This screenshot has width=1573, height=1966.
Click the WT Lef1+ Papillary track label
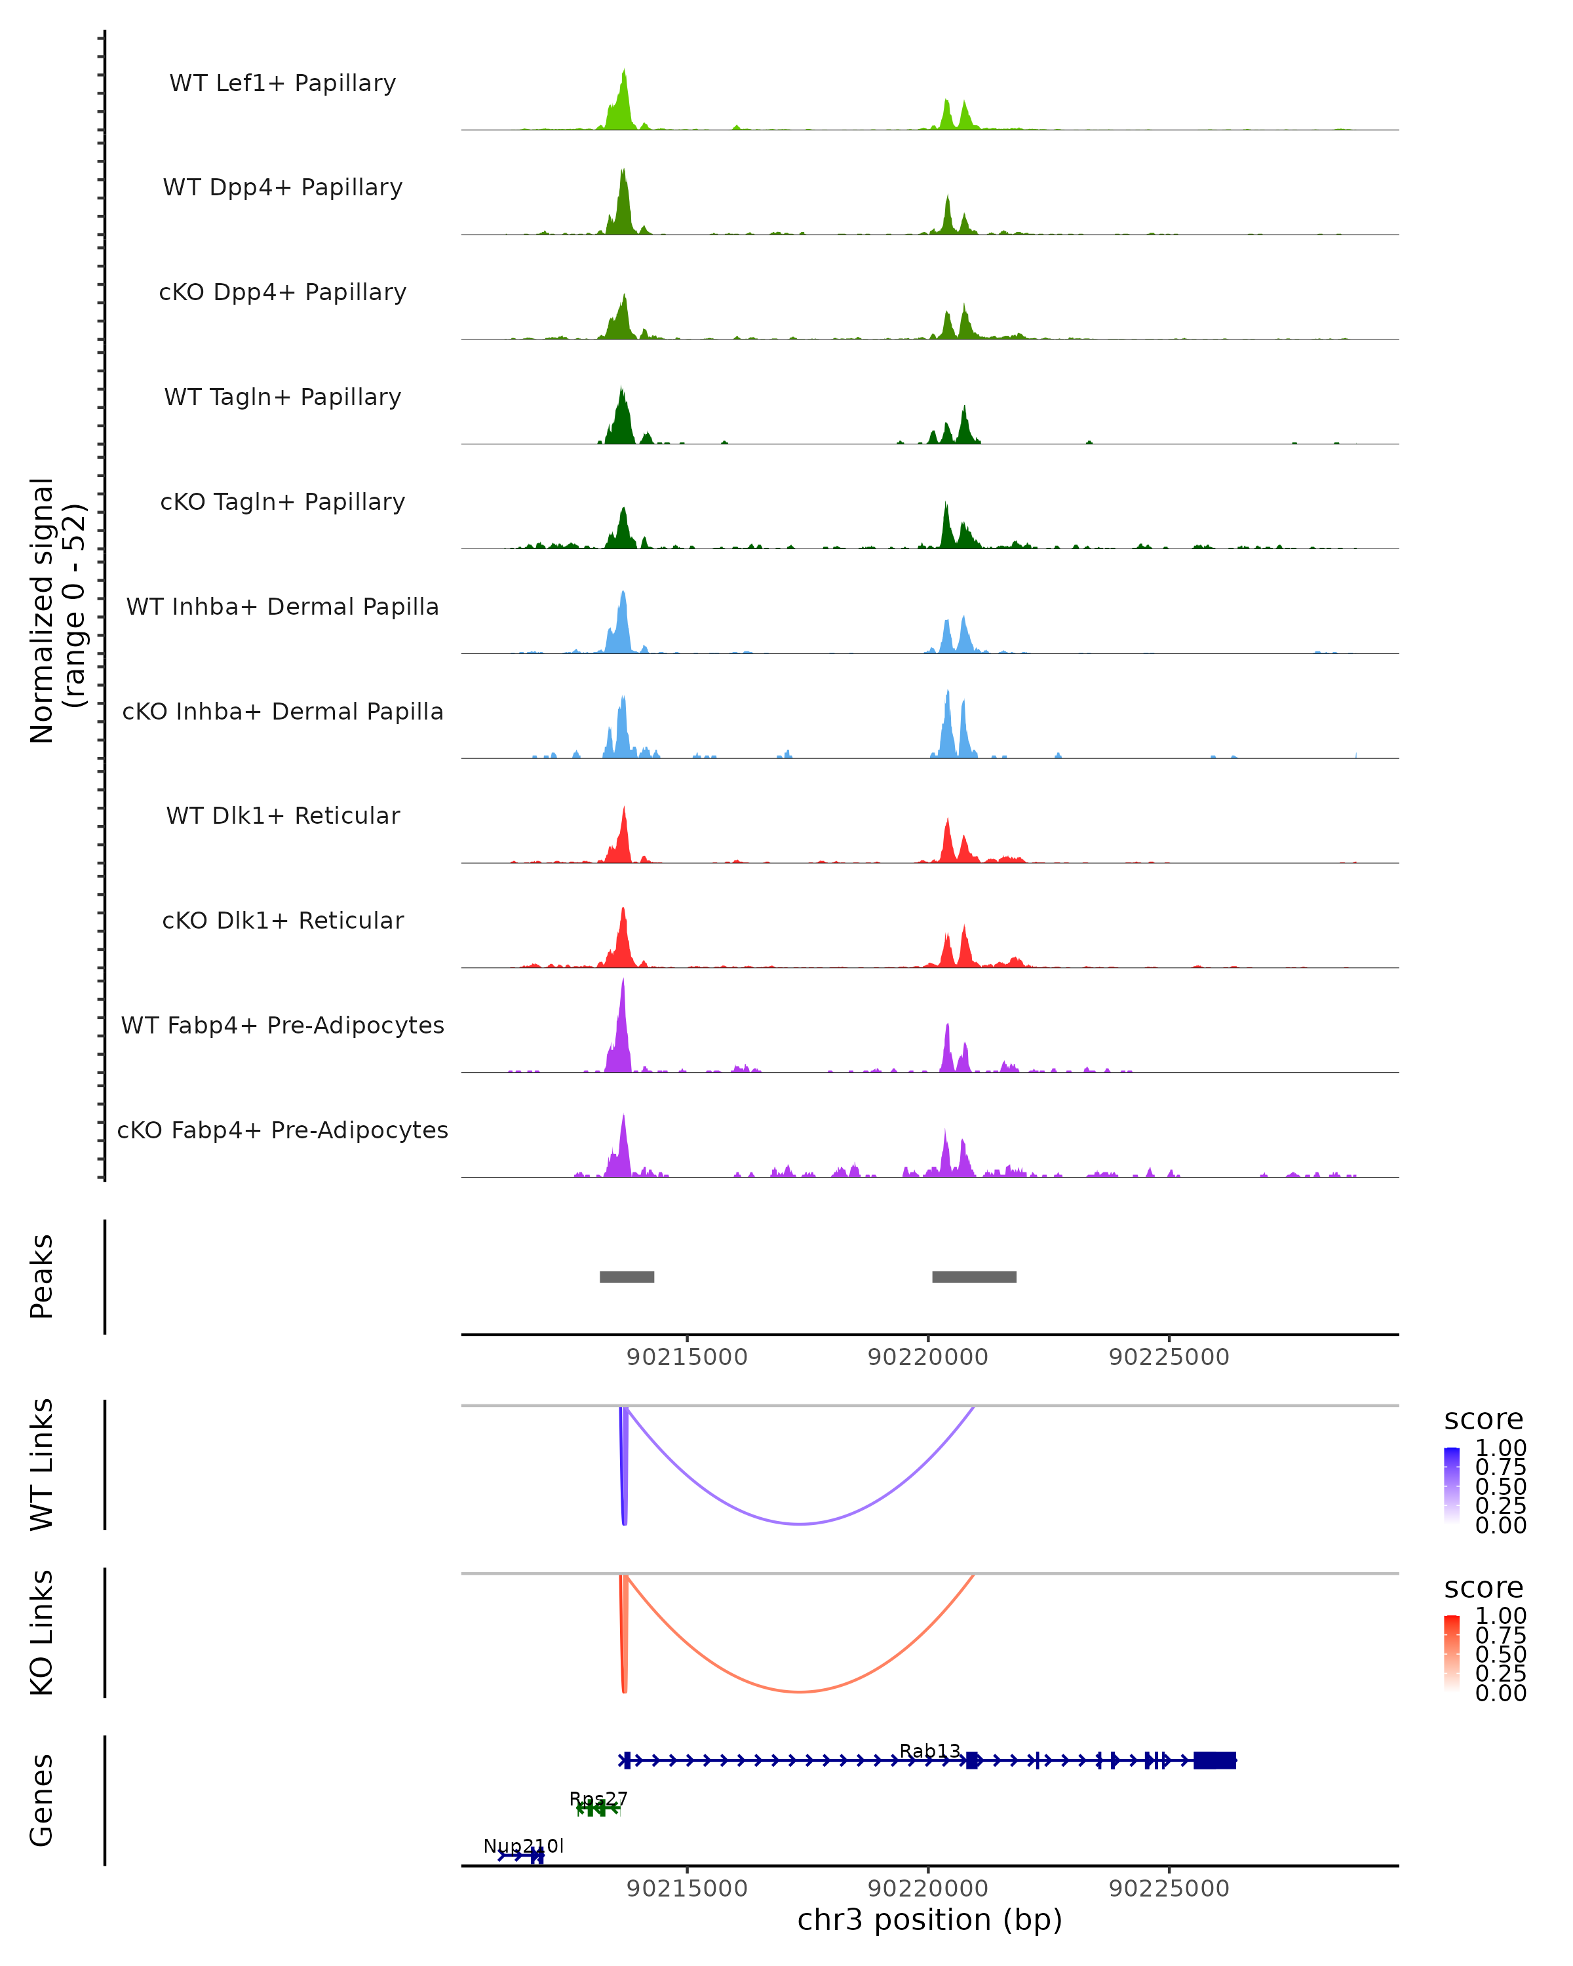point(282,83)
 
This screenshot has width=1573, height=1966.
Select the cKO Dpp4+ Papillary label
point(282,293)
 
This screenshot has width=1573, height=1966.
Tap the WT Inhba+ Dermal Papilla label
point(282,607)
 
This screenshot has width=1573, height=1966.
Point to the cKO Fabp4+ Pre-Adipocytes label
point(282,1130)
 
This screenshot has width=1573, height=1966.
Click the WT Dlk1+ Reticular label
point(282,816)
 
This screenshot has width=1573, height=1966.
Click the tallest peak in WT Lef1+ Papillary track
point(624,71)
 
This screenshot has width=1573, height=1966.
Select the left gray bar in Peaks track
point(627,1277)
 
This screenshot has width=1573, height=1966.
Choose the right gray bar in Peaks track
point(974,1277)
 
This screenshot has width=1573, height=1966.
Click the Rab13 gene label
point(929,1751)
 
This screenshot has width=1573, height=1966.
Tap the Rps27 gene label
point(598,1799)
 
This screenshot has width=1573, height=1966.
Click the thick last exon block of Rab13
point(1214,1761)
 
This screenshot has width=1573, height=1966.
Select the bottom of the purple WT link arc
point(800,1524)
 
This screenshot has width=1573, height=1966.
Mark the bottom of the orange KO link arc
point(800,1691)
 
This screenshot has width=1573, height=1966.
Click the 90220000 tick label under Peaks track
point(928,1357)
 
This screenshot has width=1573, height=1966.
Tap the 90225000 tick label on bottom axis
point(1169,1889)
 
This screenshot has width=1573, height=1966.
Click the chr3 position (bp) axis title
point(929,1920)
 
